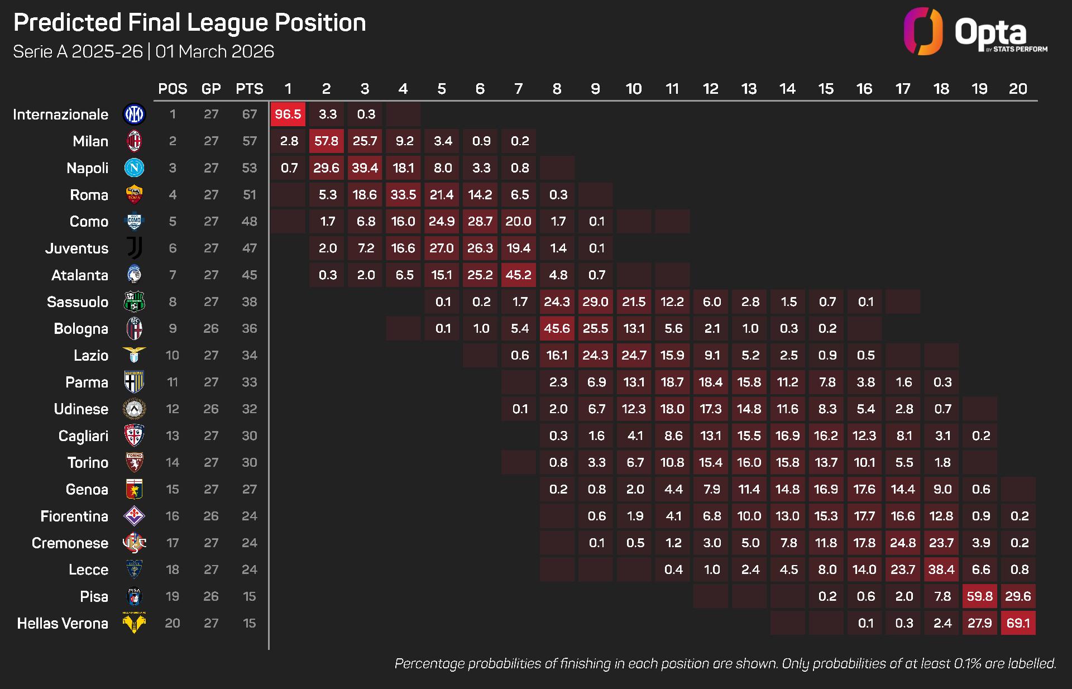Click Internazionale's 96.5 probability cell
click(x=288, y=114)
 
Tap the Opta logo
click(x=975, y=32)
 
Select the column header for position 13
click(x=749, y=89)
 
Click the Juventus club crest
click(x=134, y=248)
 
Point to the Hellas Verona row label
click(x=63, y=623)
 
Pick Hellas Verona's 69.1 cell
click(x=1018, y=623)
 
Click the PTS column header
click(x=249, y=89)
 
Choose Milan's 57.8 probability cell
click(x=327, y=141)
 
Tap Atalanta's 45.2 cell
click(x=519, y=275)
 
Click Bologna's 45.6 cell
click(x=557, y=328)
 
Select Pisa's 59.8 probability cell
click(x=980, y=596)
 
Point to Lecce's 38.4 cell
click(x=941, y=570)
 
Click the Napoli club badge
click(x=134, y=168)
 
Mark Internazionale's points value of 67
click(x=249, y=114)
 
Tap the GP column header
click(x=211, y=89)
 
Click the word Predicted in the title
click(x=67, y=23)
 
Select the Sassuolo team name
click(x=78, y=302)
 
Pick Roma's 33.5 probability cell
click(x=403, y=195)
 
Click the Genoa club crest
click(x=134, y=489)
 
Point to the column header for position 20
click(x=1018, y=89)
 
